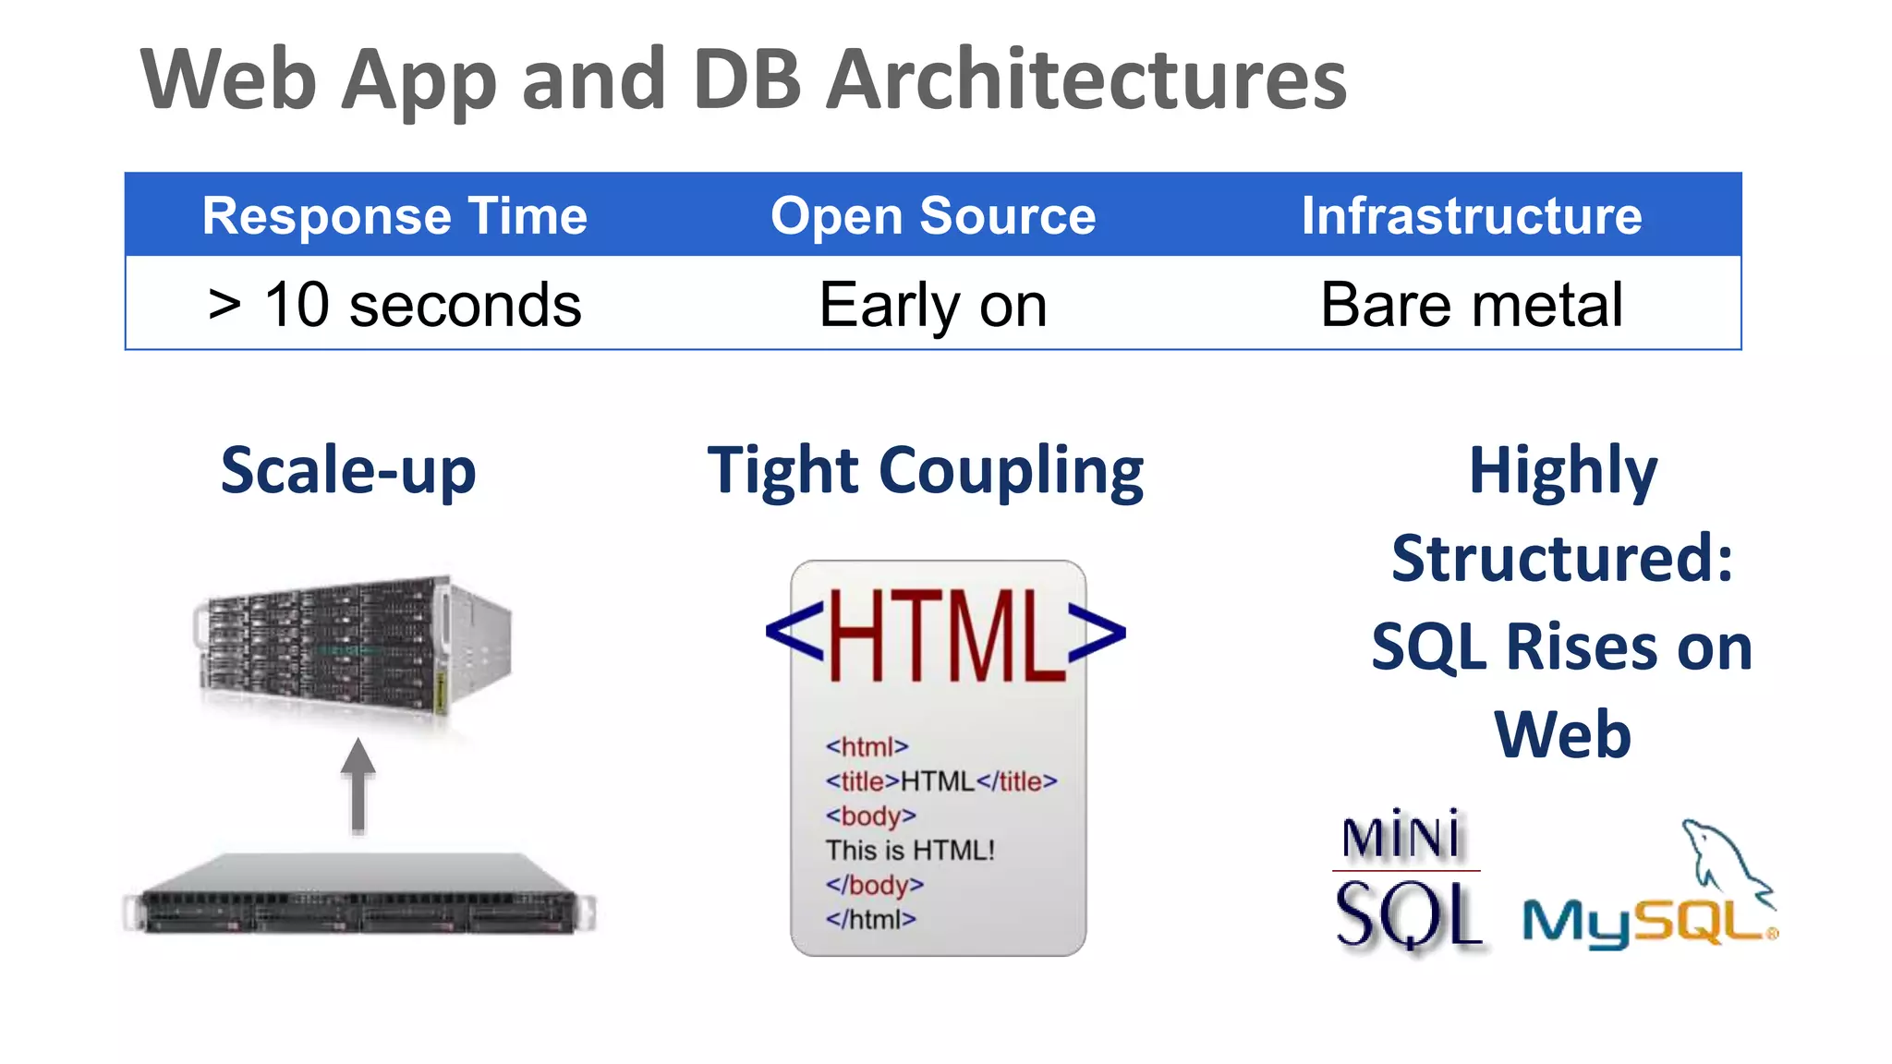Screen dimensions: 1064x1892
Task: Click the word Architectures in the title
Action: [x=1086, y=80]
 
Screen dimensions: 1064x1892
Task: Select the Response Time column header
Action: [x=394, y=216]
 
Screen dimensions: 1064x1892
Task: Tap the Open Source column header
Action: [x=933, y=216]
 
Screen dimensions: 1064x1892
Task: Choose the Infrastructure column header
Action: [x=1472, y=216]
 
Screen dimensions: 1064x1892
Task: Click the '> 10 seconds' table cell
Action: [x=394, y=305]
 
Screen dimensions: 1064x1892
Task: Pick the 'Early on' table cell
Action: [x=933, y=305]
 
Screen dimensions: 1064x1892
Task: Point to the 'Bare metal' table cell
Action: [x=1472, y=305]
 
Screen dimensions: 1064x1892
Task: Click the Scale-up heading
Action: [x=348, y=471]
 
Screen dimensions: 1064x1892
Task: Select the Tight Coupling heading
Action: [x=926, y=471]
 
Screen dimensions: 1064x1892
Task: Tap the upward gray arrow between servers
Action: [x=358, y=785]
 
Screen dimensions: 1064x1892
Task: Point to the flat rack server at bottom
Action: [x=360, y=896]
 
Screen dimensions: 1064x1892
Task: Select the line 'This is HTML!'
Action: [x=910, y=850]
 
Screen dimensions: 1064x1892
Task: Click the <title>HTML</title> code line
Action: [x=940, y=781]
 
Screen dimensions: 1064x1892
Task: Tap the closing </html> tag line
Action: [x=870, y=919]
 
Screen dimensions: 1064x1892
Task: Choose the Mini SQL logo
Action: [x=1406, y=882]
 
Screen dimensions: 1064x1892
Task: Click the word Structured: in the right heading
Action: [x=1561, y=559]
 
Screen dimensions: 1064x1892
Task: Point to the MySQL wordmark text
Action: [x=1644, y=924]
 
